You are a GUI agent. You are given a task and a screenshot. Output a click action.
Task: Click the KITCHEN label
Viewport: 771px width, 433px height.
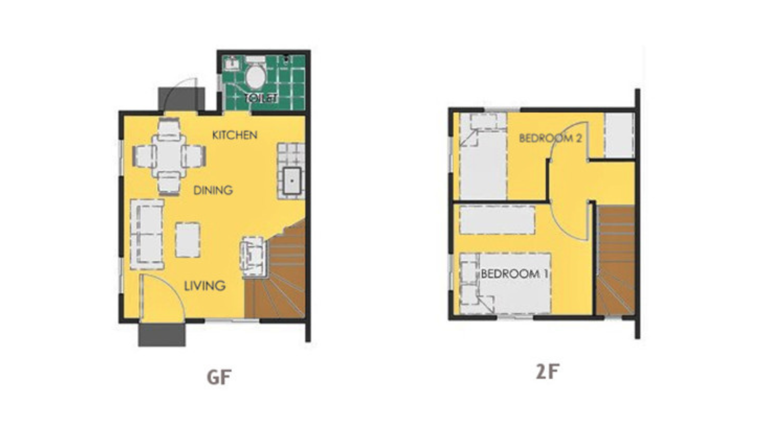tap(235, 135)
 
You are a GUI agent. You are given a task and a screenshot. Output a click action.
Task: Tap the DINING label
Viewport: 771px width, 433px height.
tap(213, 190)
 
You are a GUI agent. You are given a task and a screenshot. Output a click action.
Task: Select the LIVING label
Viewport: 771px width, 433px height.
tap(204, 286)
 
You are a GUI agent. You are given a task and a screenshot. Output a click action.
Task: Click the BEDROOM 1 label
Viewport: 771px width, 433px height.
tap(514, 274)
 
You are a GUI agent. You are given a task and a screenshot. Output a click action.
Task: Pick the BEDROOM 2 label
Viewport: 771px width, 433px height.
tap(550, 138)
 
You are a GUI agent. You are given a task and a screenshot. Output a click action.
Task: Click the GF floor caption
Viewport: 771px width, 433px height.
tap(219, 377)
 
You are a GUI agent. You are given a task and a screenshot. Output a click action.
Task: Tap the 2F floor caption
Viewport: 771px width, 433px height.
tap(547, 372)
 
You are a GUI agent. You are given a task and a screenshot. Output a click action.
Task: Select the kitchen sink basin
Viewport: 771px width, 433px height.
tap(292, 181)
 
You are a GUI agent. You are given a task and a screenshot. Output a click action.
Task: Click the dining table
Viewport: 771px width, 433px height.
tap(169, 156)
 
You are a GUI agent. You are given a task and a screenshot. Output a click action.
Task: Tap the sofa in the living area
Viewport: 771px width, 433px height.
tap(147, 235)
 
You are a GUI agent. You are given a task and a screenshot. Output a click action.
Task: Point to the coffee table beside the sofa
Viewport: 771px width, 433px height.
tap(188, 240)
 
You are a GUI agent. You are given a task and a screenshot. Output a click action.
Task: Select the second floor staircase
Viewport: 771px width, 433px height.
tap(615, 261)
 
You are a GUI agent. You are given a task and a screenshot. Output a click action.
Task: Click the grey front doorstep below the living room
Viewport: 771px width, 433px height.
tap(162, 335)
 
